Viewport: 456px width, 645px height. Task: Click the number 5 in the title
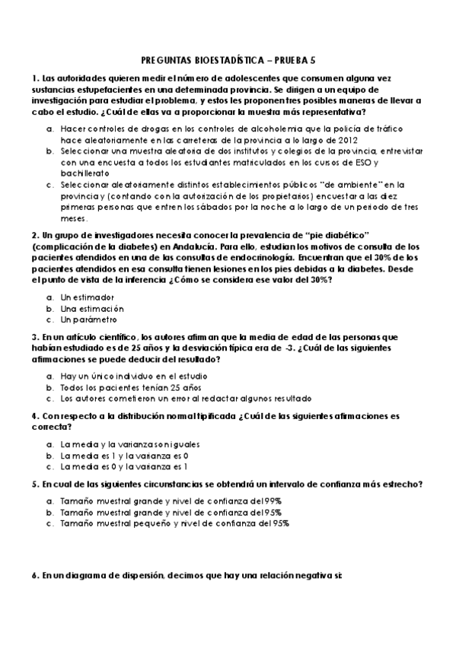tap(312, 61)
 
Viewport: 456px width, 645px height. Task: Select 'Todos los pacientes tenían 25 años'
tap(130, 387)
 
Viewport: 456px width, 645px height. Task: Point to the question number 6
tap(34, 576)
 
